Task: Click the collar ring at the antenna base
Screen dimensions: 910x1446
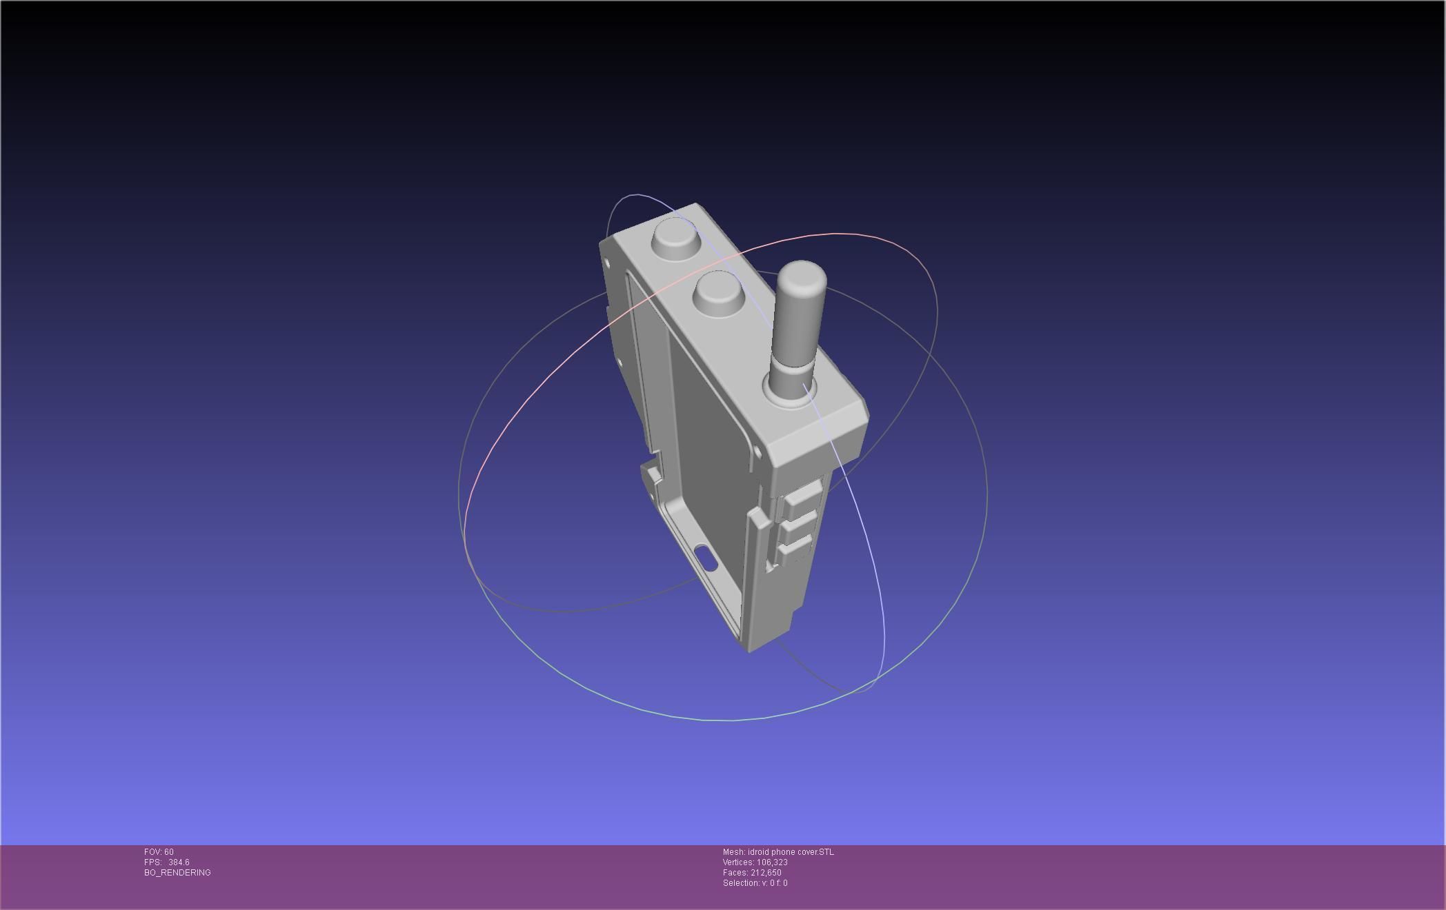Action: pos(791,393)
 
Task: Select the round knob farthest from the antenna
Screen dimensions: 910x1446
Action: pos(675,236)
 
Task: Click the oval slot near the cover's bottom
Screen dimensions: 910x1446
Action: pos(706,557)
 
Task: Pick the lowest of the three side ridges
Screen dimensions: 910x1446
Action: pos(793,549)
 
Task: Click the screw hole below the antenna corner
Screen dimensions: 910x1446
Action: pos(757,452)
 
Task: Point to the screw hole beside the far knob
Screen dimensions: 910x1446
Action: pos(607,263)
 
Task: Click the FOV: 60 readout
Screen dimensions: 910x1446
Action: pos(159,852)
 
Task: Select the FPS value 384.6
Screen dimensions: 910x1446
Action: pos(179,862)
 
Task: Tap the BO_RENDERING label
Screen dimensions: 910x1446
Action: pos(177,873)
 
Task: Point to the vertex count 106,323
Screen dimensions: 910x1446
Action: pos(772,862)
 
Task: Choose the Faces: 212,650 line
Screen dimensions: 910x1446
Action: pos(752,873)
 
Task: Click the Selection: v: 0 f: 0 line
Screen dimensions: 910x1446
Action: pos(755,883)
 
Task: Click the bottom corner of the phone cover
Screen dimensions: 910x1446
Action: pos(749,649)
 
